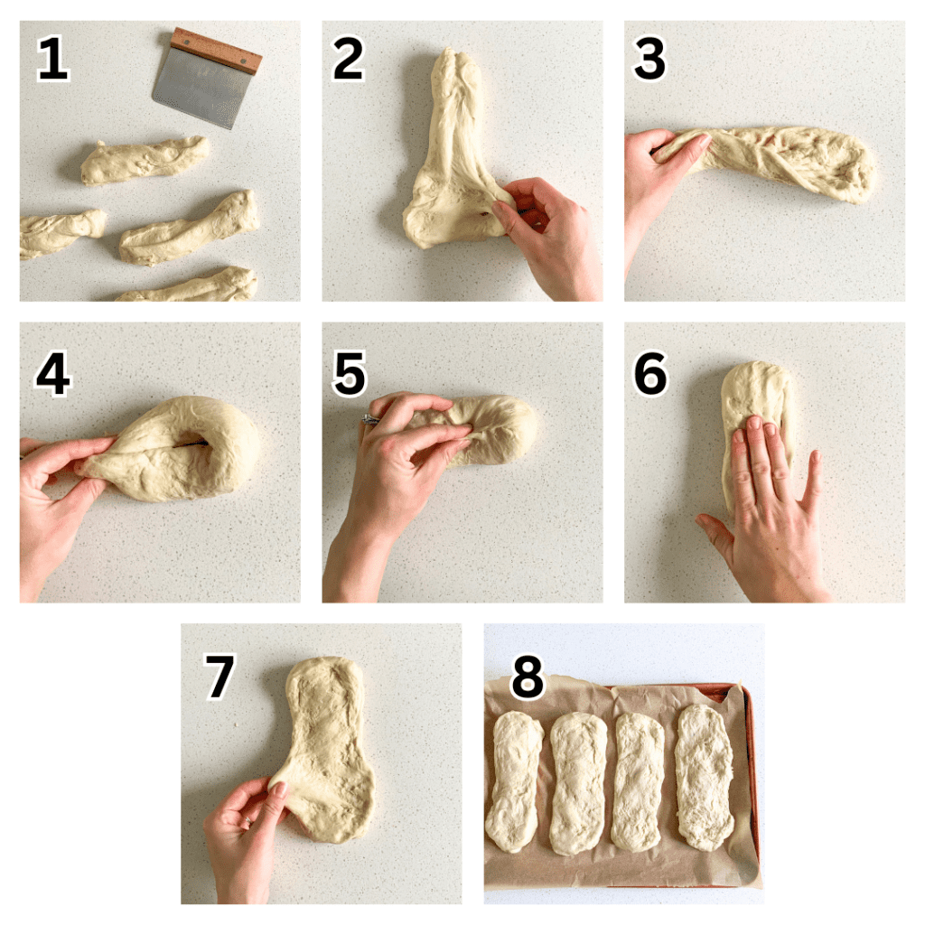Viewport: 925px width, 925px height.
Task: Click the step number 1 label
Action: click(x=52, y=61)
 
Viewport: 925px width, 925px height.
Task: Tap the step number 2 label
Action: click(x=349, y=61)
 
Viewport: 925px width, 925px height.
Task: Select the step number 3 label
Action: click(x=649, y=61)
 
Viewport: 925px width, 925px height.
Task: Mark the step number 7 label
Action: click(x=219, y=677)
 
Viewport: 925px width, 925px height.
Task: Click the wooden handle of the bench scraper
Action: click(x=217, y=51)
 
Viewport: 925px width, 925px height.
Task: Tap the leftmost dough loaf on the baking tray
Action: click(x=514, y=780)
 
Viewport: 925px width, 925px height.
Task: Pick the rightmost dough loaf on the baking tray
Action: click(x=705, y=777)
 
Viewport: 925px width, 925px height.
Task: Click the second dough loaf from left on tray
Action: click(x=578, y=782)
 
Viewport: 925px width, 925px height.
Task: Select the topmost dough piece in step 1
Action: click(x=145, y=161)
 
